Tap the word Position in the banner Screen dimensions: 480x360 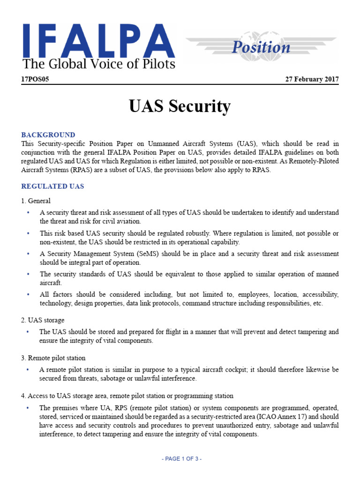coord(262,47)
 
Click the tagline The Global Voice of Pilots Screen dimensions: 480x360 coord(99,64)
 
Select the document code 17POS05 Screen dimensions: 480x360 coord(35,79)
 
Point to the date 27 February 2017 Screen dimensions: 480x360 coord(312,79)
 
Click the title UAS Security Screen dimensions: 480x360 coord(180,106)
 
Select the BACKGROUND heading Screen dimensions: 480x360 coord(48,135)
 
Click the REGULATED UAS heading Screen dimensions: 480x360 coord(52,186)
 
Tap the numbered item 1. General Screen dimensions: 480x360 coord(36,201)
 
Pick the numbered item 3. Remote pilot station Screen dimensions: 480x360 coord(53,358)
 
